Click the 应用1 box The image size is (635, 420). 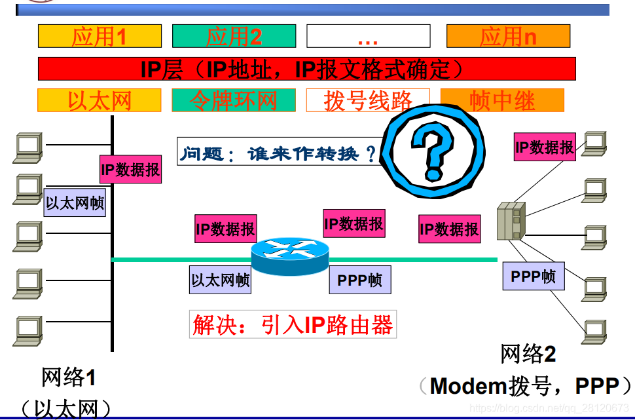point(100,36)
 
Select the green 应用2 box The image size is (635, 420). point(234,36)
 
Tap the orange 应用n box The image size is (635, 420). point(508,36)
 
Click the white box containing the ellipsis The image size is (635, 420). point(369,36)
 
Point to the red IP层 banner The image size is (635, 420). point(306,69)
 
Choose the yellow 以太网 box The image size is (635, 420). point(100,100)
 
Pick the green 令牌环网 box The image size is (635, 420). point(234,100)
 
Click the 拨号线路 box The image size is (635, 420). point(368,100)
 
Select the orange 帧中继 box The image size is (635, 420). point(502,100)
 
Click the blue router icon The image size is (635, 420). point(290,256)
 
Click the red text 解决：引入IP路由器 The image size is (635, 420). point(293,324)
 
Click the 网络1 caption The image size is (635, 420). point(68,377)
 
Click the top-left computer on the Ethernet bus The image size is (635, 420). point(28,147)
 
